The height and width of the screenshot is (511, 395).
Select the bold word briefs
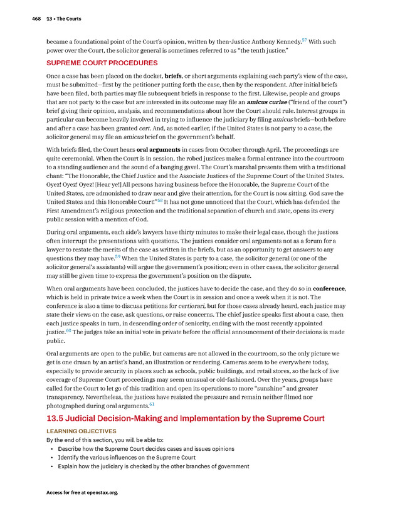click(173, 76)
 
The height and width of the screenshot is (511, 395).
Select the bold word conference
click(329, 288)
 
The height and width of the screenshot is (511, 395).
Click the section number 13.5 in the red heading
click(58, 418)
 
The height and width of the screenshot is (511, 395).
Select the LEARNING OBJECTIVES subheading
click(82, 431)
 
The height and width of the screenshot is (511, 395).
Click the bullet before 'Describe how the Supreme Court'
click(51, 449)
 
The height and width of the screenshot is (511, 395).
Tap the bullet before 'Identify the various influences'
click(51, 458)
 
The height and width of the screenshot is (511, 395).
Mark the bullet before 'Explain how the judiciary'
click(51, 466)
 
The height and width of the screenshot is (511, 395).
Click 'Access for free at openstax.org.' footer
click(82, 493)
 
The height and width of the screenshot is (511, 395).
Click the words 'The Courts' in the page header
click(68, 19)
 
